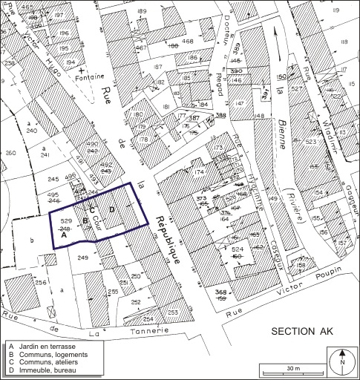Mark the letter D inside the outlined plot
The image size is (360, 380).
point(111,210)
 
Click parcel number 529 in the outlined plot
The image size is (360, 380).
point(65,221)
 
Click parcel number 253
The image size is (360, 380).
point(171,313)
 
